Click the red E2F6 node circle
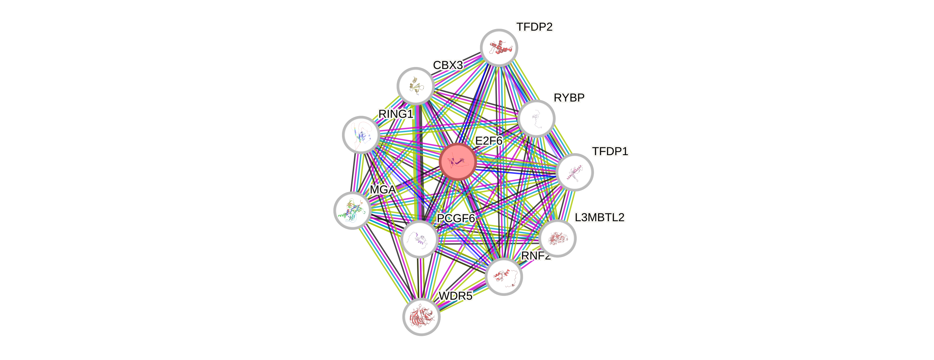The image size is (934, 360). (x=457, y=162)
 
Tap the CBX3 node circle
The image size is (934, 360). (x=416, y=86)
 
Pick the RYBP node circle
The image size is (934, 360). (x=536, y=119)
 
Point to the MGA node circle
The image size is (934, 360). (x=352, y=210)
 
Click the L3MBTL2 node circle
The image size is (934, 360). (x=557, y=238)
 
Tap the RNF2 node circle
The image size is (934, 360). (x=503, y=277)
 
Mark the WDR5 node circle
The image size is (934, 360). (x=421, y=317)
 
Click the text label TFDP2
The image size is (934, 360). (x=535, y=27)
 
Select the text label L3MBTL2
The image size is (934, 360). (x=599, y=217)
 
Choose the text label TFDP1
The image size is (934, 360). (x=610, y=151)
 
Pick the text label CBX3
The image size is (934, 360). (x=448, y=65)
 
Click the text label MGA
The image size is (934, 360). (x=383, y=190)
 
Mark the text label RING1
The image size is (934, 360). (x=395, y=114)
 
